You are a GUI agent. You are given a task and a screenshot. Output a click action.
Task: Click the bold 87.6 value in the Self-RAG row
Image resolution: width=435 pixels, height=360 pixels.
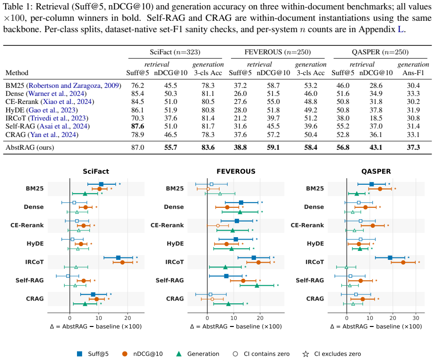point(137,126)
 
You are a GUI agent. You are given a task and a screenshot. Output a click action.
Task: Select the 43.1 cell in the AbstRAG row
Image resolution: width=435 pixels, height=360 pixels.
point(376,147)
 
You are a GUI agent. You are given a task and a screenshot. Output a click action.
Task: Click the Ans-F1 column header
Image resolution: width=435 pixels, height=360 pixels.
point(413,73)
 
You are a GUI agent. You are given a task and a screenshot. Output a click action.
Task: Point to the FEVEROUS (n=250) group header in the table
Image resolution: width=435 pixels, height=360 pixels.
point(277,52)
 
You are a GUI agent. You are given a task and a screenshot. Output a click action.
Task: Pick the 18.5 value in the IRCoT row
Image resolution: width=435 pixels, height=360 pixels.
point(376,118)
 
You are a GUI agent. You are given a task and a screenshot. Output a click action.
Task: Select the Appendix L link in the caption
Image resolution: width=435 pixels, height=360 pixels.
point(401,29)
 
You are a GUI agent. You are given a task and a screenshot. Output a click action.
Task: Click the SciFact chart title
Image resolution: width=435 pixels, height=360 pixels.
point(96,171)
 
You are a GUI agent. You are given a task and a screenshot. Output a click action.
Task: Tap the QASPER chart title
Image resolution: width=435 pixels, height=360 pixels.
point(376,171)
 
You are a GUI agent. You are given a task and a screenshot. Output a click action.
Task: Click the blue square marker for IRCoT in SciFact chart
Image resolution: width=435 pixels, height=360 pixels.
point(118,258)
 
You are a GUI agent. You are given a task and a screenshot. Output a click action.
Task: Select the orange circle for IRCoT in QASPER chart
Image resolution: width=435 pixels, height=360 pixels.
point(403,262)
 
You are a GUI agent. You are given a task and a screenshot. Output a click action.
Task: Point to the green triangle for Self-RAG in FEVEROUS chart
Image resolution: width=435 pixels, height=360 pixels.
point(257,285)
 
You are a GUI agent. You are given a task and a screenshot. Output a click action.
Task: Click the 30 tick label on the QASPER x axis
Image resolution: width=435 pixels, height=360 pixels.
point(416,318)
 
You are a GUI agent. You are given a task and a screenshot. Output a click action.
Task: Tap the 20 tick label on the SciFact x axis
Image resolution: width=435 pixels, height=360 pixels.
point(128,318)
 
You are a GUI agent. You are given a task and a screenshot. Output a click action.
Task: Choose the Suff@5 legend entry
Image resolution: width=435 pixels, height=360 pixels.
point(93,354)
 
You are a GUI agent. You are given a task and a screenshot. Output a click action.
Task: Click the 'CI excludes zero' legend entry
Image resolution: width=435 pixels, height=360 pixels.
point(332,354)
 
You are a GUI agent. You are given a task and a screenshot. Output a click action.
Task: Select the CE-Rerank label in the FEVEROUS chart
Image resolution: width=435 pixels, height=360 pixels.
point(167,225)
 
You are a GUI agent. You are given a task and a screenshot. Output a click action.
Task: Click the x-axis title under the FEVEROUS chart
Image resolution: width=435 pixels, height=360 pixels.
point(236,326)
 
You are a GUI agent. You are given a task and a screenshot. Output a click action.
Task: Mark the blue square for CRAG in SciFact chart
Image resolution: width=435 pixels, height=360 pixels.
point(93,294)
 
